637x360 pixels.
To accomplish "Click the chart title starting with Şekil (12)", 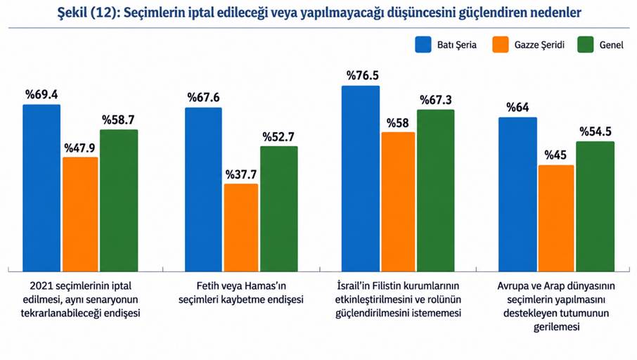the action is pos(319,13).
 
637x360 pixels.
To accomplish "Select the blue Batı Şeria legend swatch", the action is pos(423,44).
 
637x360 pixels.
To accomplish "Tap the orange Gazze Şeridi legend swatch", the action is pos(500,44).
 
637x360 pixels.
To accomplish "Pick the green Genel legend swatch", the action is pos(586,44).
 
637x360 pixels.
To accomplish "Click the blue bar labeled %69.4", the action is pos(41,188).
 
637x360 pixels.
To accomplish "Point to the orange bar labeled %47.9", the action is pos(80,214).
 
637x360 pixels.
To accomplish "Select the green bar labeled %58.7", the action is pos(119,200).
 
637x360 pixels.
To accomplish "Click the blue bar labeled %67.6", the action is pos(203,189).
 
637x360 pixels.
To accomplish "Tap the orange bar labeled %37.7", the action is pos(241,228).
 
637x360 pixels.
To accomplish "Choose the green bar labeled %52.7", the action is pos(279,209).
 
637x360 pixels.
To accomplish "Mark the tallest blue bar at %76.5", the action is pos(361,179).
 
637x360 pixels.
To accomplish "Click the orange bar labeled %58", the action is pos(398,202).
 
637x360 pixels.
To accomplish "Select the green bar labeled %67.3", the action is pos(435,191).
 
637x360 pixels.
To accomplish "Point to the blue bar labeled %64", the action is pos(518,194).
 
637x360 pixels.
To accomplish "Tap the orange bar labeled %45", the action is pos(556,218).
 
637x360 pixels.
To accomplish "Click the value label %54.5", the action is pos(596,131).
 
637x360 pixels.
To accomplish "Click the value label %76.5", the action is pos(363,75).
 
